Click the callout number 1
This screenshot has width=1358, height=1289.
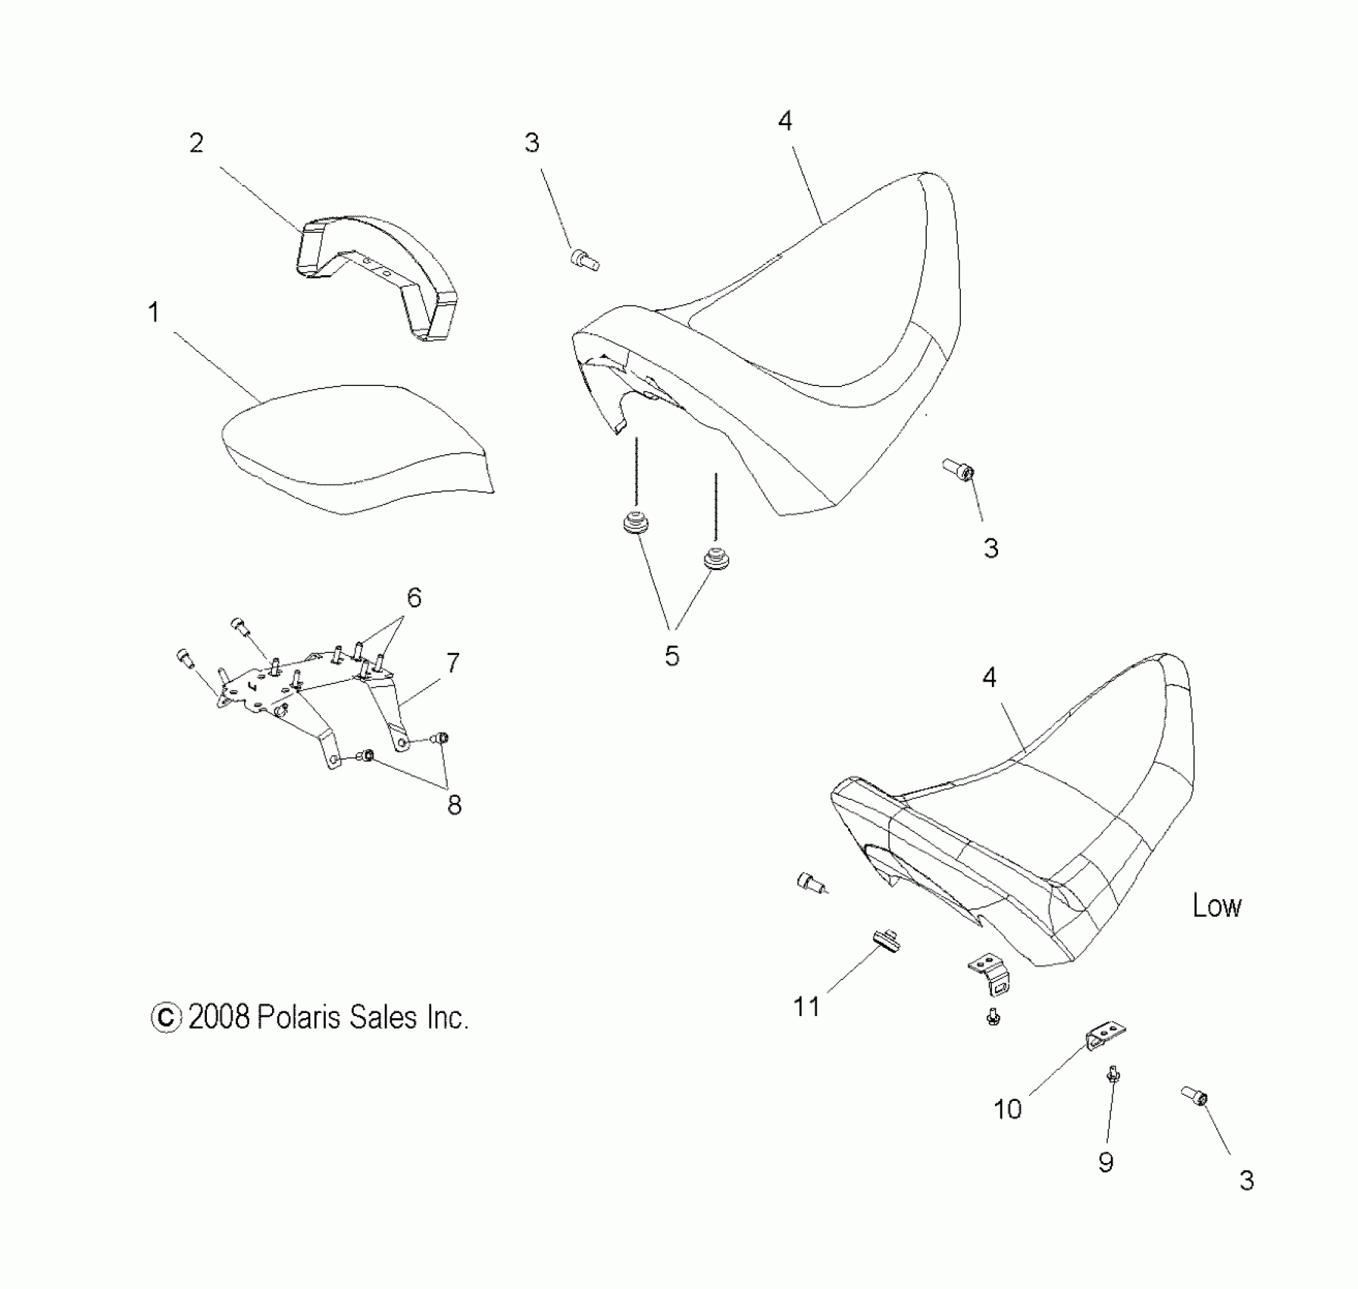154,312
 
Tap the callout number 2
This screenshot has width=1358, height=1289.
196,143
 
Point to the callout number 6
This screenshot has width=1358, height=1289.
414,598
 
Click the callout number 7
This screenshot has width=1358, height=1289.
452,663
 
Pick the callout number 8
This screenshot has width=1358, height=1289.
454,804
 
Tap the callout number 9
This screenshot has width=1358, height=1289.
1106,1162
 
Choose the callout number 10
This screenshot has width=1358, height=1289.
1008,1109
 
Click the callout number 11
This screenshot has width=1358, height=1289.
806,1007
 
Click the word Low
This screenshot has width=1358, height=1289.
1217,906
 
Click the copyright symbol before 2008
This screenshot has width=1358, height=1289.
167,1018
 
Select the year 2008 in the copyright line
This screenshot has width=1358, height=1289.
219,1018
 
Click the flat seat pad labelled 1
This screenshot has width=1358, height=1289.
356,447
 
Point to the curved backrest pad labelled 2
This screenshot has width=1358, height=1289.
379,265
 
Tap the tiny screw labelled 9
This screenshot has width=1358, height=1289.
1113,1074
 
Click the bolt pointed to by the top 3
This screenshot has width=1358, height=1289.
584,260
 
